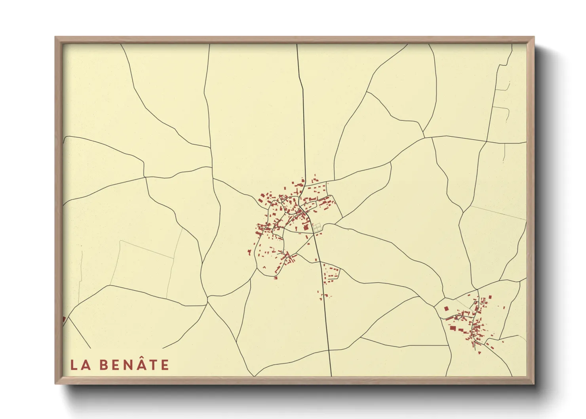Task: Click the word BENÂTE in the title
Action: (134, 365)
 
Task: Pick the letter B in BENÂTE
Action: (104, 365)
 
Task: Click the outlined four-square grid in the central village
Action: (317, 227)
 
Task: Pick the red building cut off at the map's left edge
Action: (64, 319)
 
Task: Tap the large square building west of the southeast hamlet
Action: (446, 309)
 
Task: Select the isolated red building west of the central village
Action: (249, 252)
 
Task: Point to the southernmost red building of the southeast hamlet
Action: (479, 352)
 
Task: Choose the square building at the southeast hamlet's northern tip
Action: (490, 297)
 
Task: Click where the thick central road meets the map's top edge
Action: (297, 45)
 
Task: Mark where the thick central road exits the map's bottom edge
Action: (331, 375)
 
